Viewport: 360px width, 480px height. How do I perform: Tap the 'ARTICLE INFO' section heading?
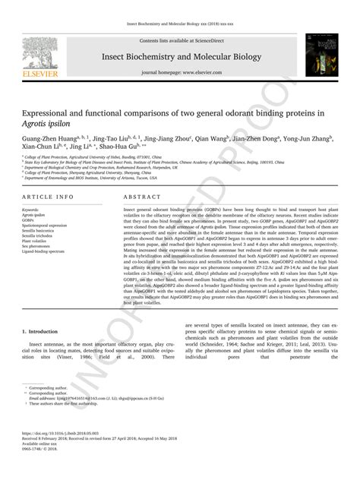point(49,195)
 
